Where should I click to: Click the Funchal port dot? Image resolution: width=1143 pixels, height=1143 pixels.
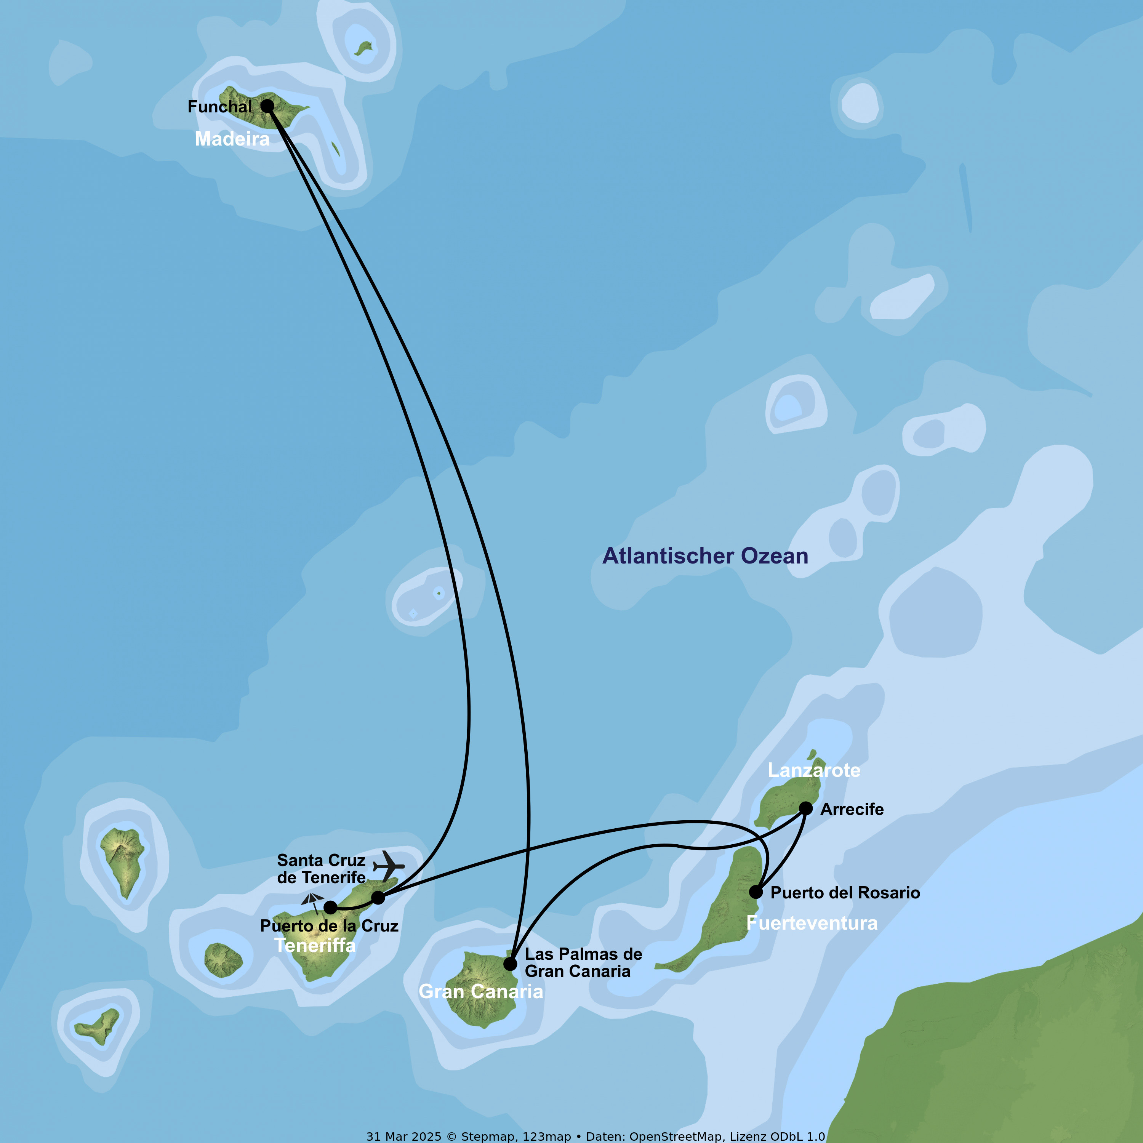tap(267, 106)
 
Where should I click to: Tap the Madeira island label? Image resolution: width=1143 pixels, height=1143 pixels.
tap(232, 139)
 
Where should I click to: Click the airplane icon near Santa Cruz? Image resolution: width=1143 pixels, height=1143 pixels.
tap(389, 866)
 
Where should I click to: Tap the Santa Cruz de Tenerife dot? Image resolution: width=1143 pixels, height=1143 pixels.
tap(378, 898)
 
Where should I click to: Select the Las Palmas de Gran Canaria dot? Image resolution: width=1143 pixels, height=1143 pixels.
tap(510, 964)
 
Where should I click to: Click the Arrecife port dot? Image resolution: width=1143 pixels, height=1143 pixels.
tap(806, 808)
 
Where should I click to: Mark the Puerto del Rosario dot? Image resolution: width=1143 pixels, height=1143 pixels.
tap(756, 892)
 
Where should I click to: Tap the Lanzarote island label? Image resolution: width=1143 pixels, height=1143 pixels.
tap(814, 770)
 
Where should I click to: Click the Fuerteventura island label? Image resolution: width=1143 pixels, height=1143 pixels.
tap(812, 923)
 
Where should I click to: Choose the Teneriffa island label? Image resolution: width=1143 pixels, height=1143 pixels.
tap(315, 945)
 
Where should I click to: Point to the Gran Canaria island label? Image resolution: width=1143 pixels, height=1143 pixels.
tap(480, 991)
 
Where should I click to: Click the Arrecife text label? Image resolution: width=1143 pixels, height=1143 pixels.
tap(852, 809)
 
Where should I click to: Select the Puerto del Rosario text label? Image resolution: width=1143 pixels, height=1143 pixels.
tap(845, 893)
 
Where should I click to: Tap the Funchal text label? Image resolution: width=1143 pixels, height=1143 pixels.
tap(219, 107)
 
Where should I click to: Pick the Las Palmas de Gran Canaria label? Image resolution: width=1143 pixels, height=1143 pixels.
tap(583, 962)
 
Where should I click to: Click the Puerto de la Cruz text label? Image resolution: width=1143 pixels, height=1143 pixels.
tap(329, 926)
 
